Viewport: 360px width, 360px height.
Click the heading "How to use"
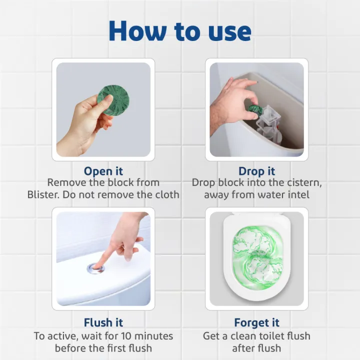(x=180, y=31)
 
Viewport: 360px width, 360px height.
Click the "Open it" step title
(x=103, y=171)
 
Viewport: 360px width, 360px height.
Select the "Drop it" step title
(x=257, y=171)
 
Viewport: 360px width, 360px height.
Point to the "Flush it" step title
(x=103, y=322)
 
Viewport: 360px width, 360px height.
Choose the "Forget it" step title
(x=257, y=322)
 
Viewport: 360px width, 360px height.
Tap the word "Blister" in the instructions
(x=45, y=194)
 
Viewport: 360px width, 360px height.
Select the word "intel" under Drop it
(x=297, y=194)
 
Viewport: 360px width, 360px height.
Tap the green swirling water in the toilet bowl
(x=257, y=255)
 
